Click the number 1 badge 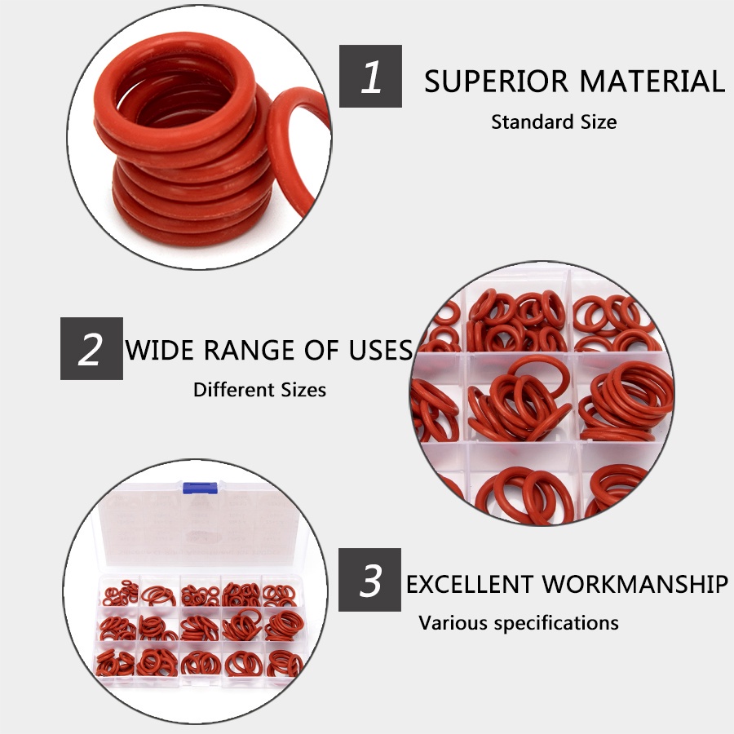point(370,77)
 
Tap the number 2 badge point(91,349)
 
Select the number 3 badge point(369,580)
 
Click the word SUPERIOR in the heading point(496,82)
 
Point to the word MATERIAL point(652,82)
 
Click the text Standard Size point(554,122)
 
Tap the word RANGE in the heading point(249,350)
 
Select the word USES point(381,350)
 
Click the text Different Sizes point(260,390)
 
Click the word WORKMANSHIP point(635,584)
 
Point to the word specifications point(556,624)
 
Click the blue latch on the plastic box point(200,488)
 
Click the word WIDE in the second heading point(160,350)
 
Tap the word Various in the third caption point(452,623)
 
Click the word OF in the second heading point(321,350)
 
